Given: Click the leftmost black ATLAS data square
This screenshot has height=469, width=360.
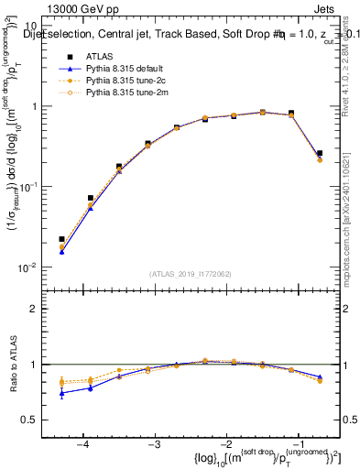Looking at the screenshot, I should [x=61, y=239].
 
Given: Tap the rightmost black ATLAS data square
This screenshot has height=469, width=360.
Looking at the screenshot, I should [x=319, y=153].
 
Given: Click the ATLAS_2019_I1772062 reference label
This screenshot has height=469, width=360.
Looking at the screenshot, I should [x=190, y=273].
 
